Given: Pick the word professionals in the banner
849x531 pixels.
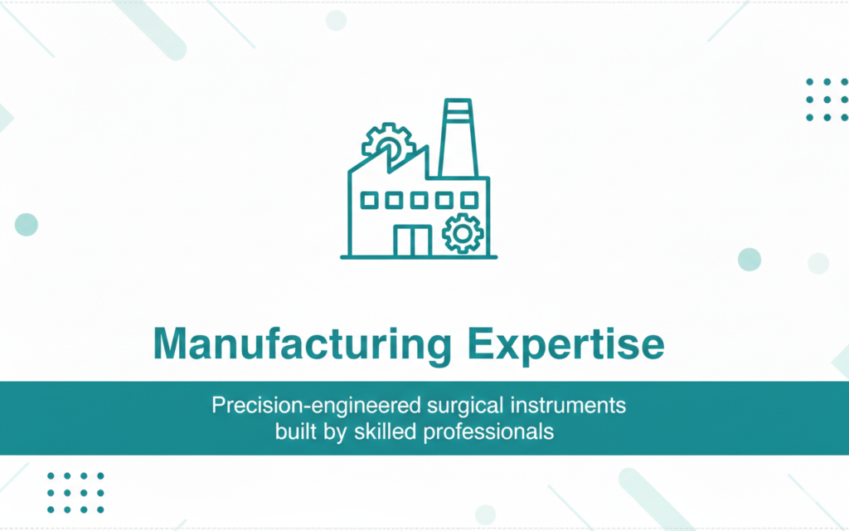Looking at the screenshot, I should pyautogui.click(x=489, y=432).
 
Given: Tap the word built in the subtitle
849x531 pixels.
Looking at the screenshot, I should pyautogui.click(x=295, y=432).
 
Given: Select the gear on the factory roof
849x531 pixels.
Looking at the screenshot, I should pyautogui.click(x=385, y=143).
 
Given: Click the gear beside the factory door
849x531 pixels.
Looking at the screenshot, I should pyautogui.click(x=461, y=232).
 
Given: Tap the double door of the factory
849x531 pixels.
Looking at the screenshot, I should pyautogui.click(x=412, y=240).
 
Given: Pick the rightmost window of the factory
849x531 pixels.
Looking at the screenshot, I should pyautogui.click(x=470, y=200).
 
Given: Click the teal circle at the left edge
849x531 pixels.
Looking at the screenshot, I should pyautogui.click(x=27, y=224).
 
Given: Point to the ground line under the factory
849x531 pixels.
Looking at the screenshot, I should pyautogui.click(x=419, y=257).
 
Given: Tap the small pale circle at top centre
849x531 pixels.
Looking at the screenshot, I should pyautogui.click(x=336, y=20).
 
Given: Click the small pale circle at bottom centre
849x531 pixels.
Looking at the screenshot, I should pyautogui.click(x=485, y=514).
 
